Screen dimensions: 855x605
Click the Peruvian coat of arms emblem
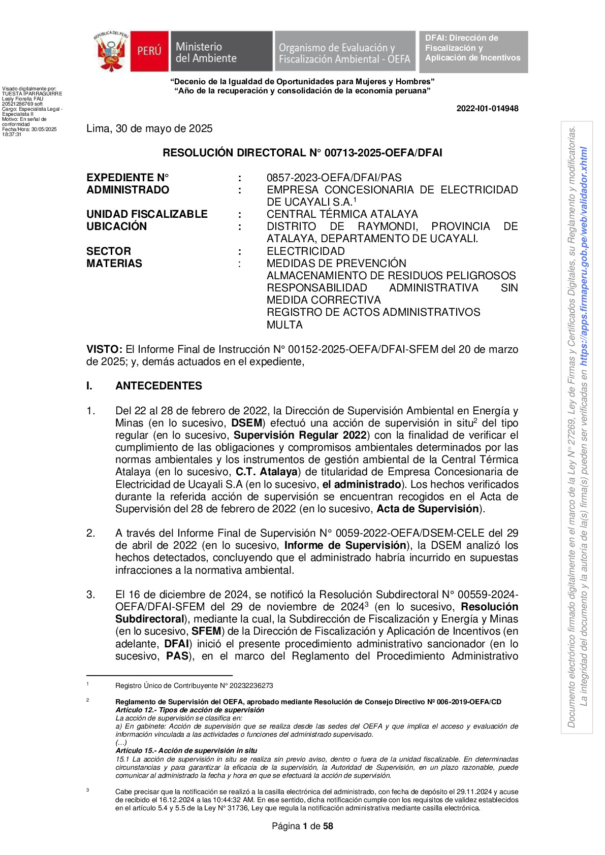click(111, 51)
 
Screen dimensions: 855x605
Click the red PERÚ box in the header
click(149, 51)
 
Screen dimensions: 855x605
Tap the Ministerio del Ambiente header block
click(221, 52)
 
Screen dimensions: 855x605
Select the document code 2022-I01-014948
click(487, 109)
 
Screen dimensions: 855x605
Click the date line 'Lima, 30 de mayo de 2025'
click(149, 129)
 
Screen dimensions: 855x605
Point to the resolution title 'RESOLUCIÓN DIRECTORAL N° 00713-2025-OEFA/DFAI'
click(302, 153)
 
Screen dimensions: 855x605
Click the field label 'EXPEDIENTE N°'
click(128, 178)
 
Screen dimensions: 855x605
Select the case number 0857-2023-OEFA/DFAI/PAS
click(334, 178)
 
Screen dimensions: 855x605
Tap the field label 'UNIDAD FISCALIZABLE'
click(147, 214)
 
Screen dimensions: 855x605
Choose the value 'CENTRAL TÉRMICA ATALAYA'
click(342, 214)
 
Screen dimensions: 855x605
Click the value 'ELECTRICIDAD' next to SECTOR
click(306, 251)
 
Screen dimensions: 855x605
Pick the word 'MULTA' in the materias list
click(284, 325)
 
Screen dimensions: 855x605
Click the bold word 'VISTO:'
click(104, 349)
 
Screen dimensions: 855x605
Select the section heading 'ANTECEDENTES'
click(158, 386)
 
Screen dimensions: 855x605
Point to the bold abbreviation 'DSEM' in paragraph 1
click(246, 423)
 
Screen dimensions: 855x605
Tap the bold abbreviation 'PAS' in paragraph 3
click(177, 656)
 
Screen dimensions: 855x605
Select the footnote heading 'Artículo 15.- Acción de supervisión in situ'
click(186, 751)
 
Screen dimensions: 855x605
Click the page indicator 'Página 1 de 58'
click(302, 827)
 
